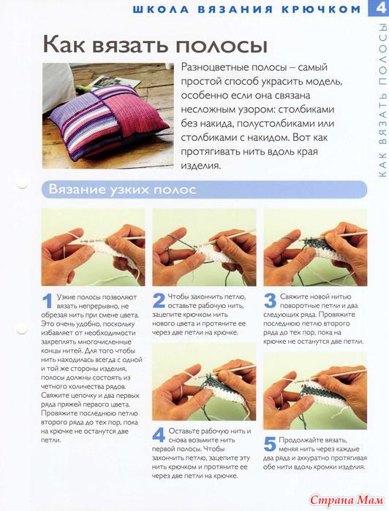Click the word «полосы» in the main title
click(x=222, y=45)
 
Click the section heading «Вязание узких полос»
click(x=122, y=189)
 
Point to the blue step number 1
click(x=48, y=301)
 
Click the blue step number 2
click(x=159, y=301)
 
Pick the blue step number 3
click(x=270, y=301)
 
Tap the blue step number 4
click(x=159, y=435)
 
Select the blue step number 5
click(x=270, y=444)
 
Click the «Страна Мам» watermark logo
click(x=347, y=499)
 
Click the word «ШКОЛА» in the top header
click(x=161, y=9)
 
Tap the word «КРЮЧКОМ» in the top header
click(x=321, y=9)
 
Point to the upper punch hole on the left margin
click(x=22, y=185)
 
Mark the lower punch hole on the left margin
click(x=22, y=329)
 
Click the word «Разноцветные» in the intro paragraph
click(x=214, y=68)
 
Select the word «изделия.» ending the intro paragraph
click(x=200, y=166)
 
